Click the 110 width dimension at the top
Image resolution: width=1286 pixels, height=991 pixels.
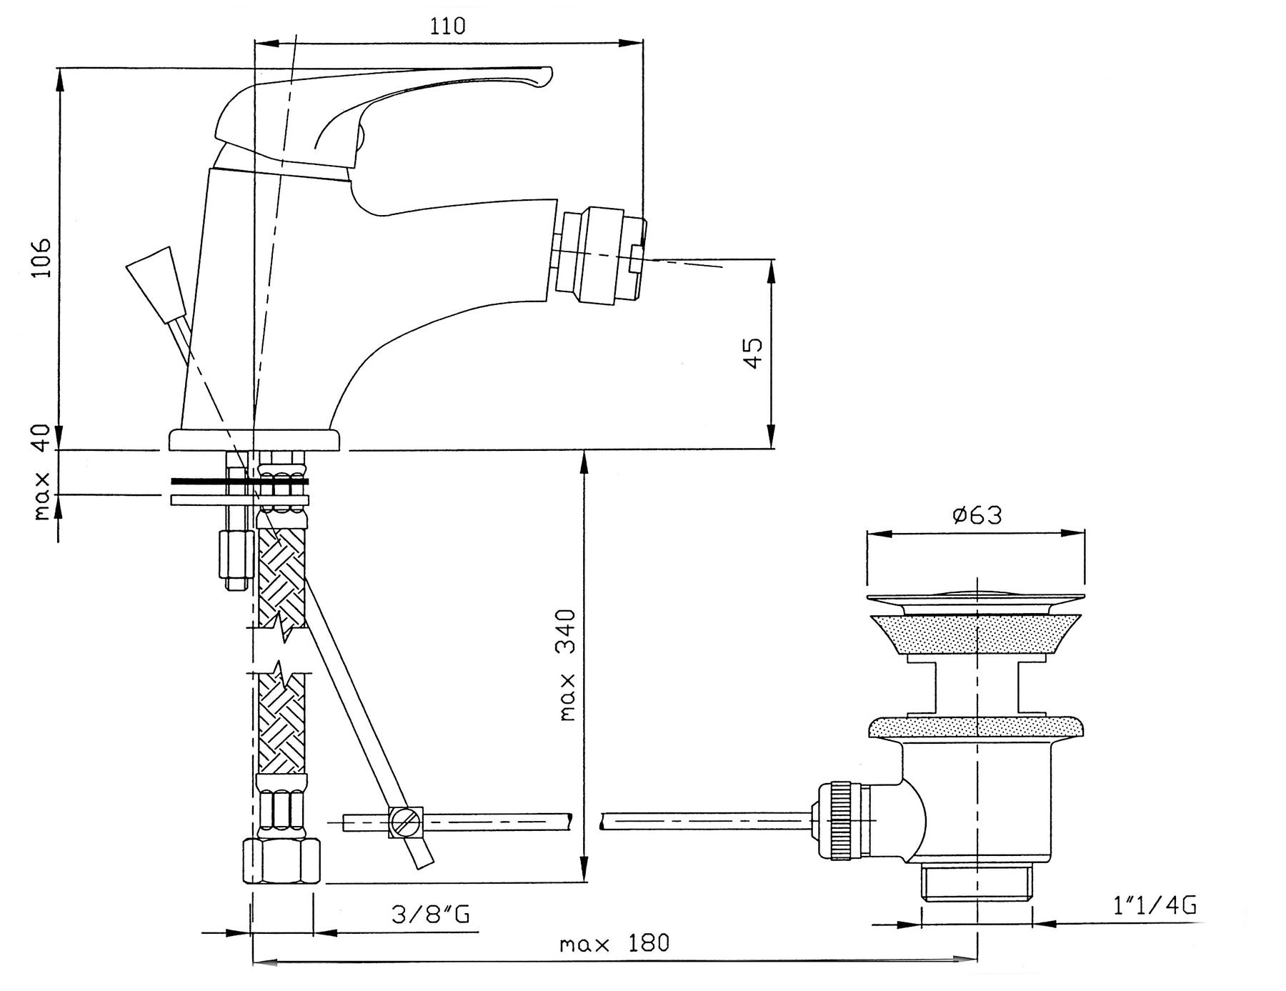click(448, 26)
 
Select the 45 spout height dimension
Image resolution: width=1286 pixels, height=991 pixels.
click(753, 353)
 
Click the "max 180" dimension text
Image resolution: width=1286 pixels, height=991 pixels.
click(614, 944)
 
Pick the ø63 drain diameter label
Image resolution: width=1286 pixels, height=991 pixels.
click(977, 514)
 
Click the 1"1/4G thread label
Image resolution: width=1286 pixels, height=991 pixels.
click(1154, 905)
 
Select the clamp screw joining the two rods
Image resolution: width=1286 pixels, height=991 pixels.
click(406, 822)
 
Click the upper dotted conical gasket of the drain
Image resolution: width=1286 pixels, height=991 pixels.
click(975, 633)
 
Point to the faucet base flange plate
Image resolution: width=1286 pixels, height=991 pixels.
click(256, 439)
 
